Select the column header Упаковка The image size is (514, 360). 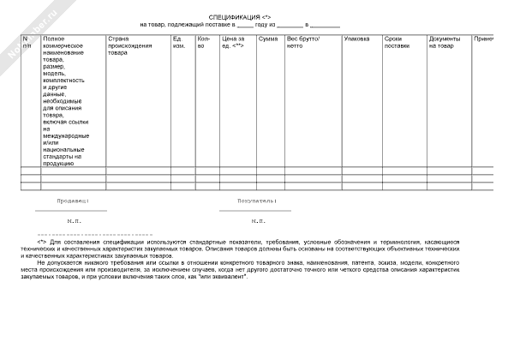click(x=356, y=39)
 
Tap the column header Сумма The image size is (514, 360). click(x=267, y=39)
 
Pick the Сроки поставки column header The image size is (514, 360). click(x=397, y=42)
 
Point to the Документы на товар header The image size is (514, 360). click(x=445, y=42)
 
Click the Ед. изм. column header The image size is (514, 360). click(x=178, y=42)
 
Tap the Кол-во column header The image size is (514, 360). click(x=203, y=42)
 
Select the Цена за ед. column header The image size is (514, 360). click(x=232, y=42)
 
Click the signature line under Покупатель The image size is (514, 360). click(x=254, y=210)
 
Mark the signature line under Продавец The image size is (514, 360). click(x=72, y=210)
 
